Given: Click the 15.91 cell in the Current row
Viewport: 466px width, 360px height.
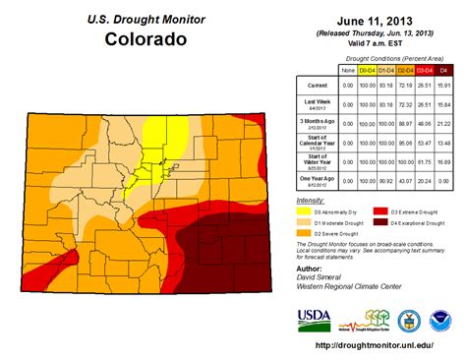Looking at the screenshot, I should [446, 86].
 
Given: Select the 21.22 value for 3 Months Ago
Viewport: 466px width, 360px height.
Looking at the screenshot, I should [446, 124].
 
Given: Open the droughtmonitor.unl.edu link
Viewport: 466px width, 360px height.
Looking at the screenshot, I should [377, 345].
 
